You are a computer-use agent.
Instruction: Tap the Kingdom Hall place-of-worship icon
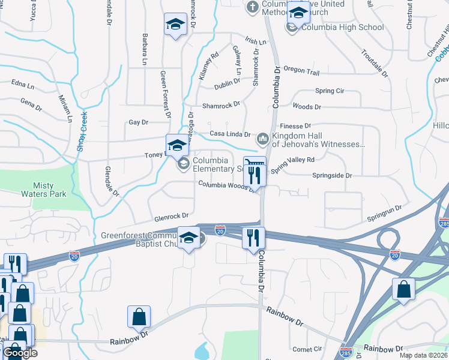click(262, 139)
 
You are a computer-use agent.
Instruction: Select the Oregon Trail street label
click(301, 71)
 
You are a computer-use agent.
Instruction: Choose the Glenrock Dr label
click(170, 215)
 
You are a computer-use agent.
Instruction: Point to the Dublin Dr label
click(228, 85)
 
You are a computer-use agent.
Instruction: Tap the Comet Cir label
click(307, 349)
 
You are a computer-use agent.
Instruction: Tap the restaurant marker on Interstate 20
click(253, 238)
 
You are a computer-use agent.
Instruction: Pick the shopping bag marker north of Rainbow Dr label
click(139, 316)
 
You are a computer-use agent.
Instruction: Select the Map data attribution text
click(424, 355)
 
